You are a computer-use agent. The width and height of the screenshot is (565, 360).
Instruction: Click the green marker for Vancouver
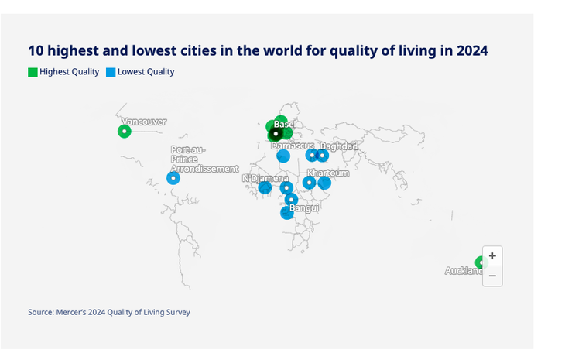point(124,131)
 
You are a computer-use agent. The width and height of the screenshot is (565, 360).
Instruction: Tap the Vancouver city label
point(144,122)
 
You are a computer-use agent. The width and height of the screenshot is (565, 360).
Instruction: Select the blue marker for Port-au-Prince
point(173,178)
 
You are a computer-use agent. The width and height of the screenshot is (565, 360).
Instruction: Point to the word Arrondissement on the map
point(204,169)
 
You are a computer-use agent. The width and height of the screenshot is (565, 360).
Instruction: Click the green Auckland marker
point(480,262)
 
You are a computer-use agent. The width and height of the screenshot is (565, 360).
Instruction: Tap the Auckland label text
point(463,271)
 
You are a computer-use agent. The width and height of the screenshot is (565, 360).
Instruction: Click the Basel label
point(285,125)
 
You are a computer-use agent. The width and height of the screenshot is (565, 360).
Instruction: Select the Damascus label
point(293,146)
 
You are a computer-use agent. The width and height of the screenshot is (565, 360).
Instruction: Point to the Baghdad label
point(339,146)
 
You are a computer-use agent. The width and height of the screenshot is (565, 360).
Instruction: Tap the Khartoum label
point(328,173)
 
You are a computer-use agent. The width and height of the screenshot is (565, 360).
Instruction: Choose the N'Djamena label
point(265,178)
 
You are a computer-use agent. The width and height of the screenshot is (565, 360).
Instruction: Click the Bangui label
point(304,207)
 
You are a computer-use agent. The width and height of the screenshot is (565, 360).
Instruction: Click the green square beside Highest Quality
point(33,72)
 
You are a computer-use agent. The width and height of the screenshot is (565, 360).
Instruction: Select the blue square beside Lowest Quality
point(111,72)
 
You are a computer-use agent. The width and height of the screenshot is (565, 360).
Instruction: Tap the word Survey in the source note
point(176,312)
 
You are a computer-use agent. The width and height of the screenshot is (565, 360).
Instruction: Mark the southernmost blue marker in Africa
point(287,213)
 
